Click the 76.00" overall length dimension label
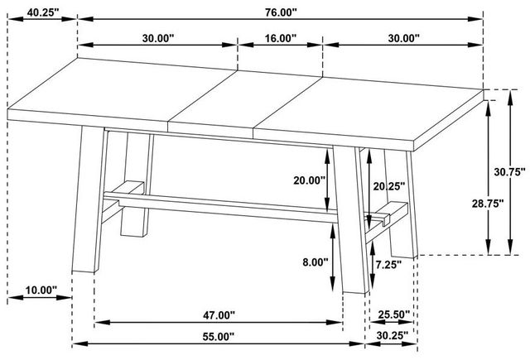(281, 12)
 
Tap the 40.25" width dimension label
(43, 12)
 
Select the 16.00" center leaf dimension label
(280, 38)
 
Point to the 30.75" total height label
(510, 172)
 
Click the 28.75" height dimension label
(488, 204)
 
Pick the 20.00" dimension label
(309, 180)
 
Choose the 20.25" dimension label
(388, 186)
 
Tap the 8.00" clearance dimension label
(316, 262)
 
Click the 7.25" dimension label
(388, 265)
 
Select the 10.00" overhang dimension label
(41, 290)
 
